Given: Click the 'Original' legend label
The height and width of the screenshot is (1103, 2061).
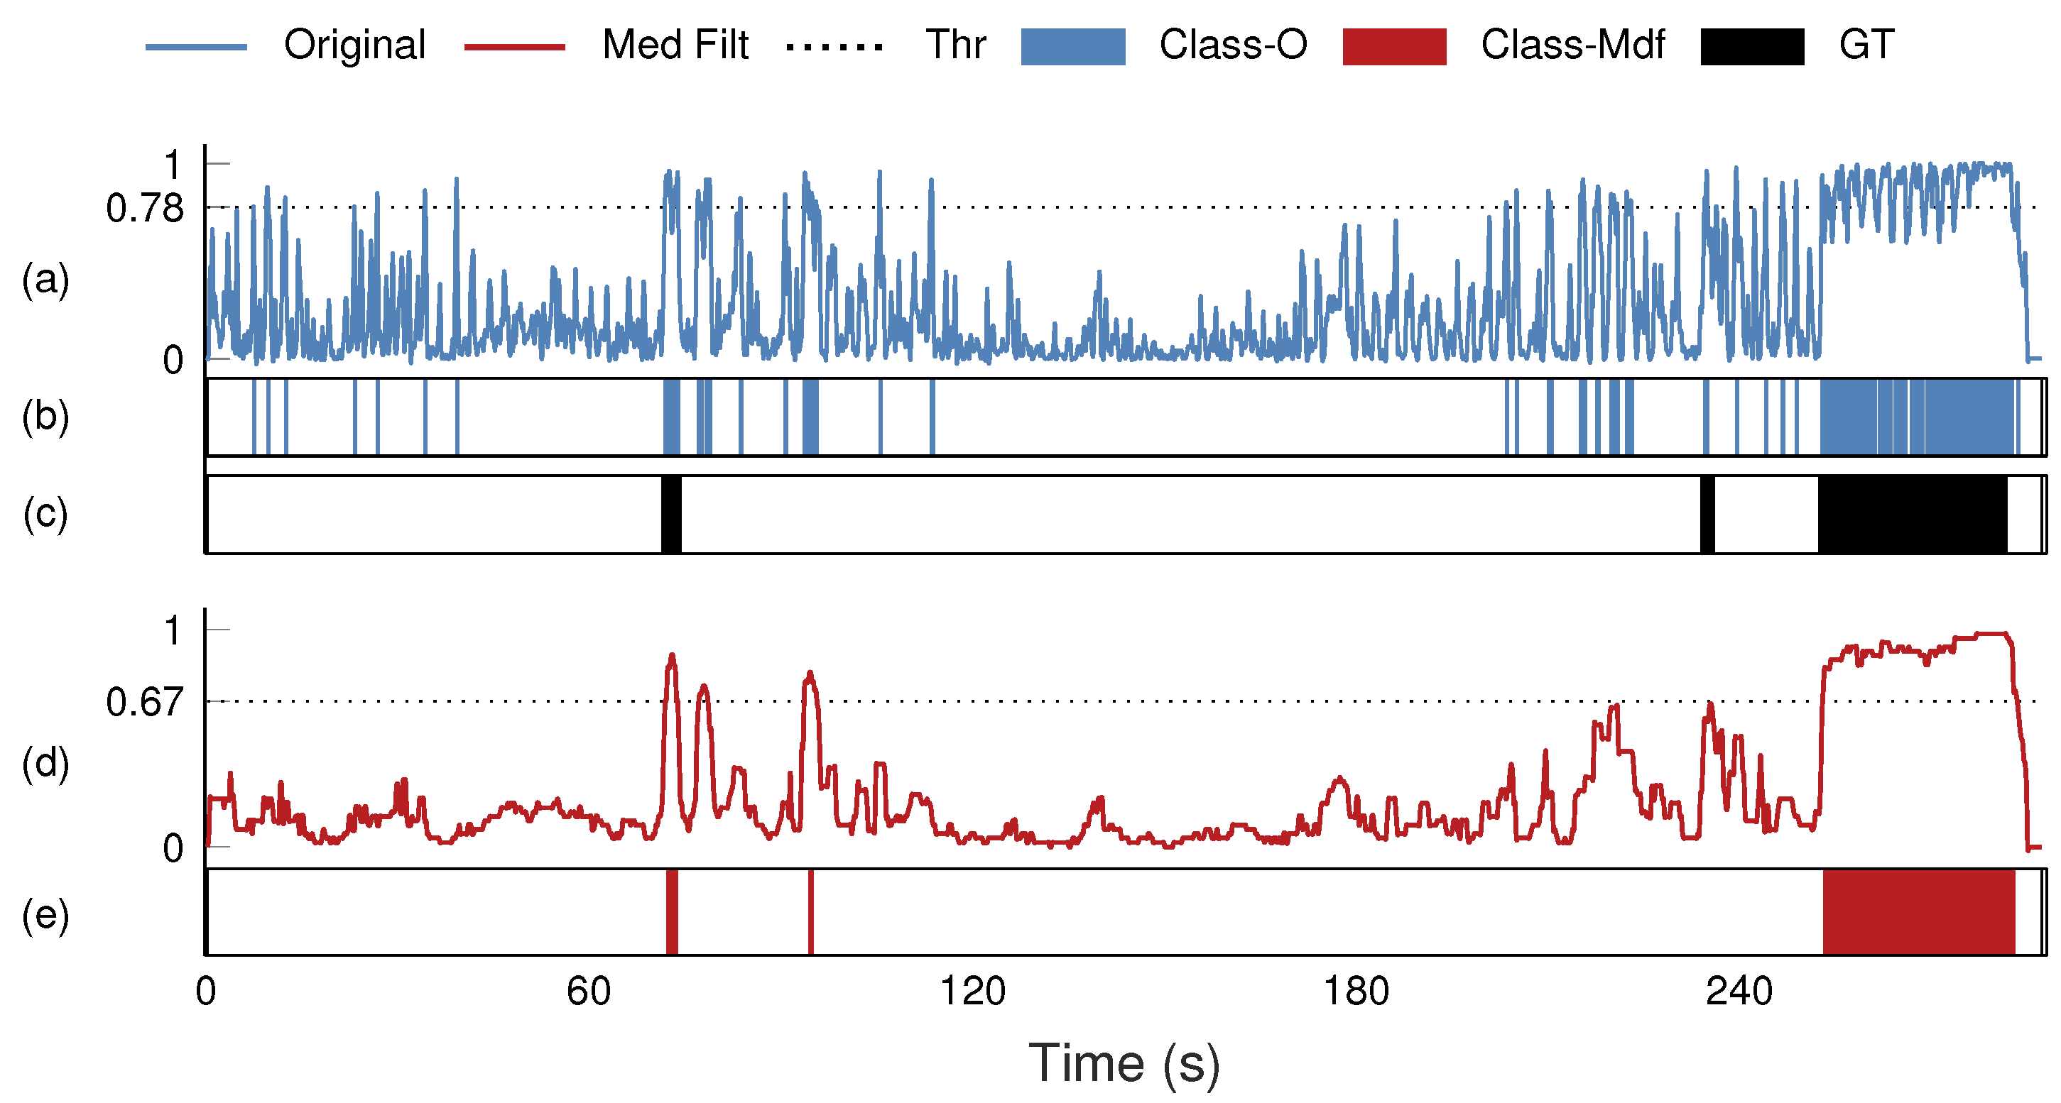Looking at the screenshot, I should click(354, 45).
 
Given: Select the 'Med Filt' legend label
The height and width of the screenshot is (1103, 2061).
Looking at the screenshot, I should click(675, 45).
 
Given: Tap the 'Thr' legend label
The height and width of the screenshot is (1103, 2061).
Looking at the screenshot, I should click(955, 45).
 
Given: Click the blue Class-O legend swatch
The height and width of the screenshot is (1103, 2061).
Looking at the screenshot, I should click(1073, 46).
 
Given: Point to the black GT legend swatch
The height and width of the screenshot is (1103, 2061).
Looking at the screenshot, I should click(1752, 46).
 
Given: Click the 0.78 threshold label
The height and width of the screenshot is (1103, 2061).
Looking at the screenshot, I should click(145, 209).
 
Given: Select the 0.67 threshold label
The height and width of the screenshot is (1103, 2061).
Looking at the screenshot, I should click(145, 702).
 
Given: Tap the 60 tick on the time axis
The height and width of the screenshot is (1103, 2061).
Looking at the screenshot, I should click(589, 992).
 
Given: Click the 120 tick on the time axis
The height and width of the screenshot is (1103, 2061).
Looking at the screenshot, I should click(972, 992).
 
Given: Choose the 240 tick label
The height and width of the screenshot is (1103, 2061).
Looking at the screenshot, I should click(1739, 992).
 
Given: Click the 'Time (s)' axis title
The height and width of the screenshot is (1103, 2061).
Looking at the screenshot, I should click(1124, 1064).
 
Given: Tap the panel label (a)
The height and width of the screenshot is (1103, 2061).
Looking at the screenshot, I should click(45, 280).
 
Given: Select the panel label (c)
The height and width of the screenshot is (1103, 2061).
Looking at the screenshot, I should click(45, 513).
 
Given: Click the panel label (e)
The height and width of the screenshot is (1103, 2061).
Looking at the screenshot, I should click(45, 913).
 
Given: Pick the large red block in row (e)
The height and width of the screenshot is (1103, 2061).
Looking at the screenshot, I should click(1918, 912).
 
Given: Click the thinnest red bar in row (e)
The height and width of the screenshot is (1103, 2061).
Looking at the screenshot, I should click(810, 912).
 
